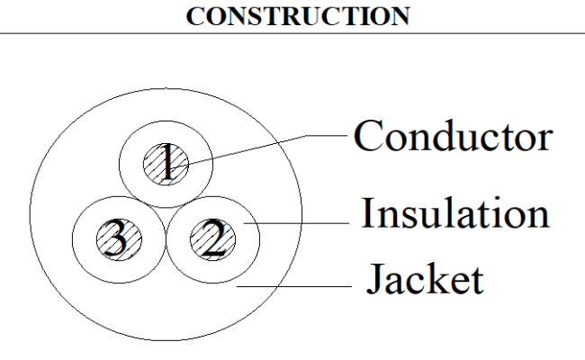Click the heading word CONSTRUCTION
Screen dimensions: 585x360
click(298, 16)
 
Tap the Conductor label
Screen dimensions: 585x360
click(453, 136)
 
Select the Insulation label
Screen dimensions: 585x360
click(455, 212)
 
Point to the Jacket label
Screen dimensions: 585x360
click(425, 279)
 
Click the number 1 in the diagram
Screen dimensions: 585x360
click(168, 162)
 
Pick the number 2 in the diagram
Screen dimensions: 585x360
click(214, 238)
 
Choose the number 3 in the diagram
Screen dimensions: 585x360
click(116, 238)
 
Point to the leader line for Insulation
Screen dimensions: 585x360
click(296, 223)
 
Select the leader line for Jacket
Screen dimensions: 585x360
click(294, 286)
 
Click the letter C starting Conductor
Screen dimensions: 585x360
click(368, 135)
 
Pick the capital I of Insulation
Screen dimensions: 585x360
click(369, 212)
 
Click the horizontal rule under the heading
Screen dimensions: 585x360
click(292, 33)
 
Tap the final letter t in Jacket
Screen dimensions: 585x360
click(478, 282)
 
